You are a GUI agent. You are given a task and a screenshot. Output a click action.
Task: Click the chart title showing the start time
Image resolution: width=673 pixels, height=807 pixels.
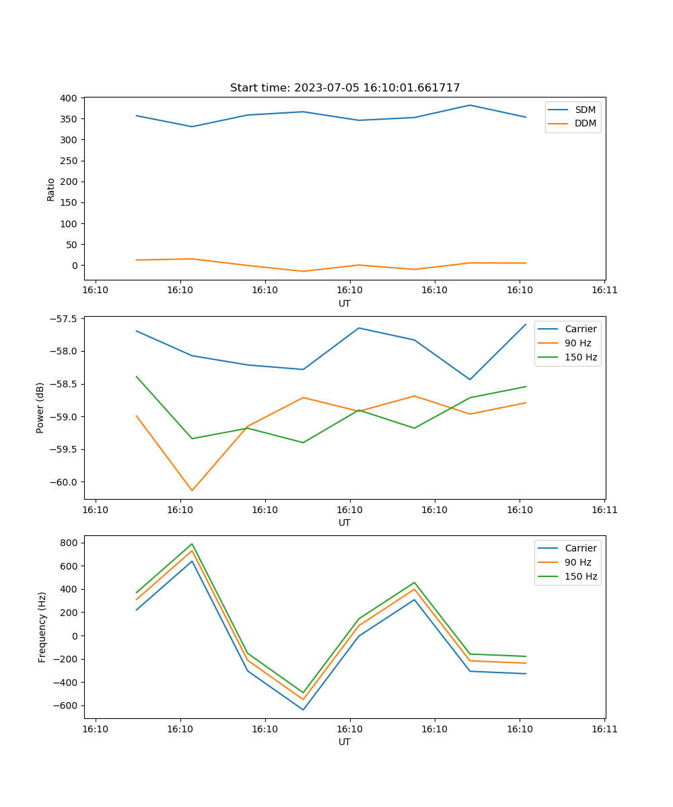tap(345, 88)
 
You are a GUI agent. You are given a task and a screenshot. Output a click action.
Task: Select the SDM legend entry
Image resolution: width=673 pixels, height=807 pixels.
tap(585, 110)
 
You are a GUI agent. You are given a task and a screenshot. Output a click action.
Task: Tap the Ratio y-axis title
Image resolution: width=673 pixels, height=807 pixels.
tap(51, 189)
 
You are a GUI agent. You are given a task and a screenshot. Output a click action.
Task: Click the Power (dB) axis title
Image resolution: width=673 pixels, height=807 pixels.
tap(40, 408)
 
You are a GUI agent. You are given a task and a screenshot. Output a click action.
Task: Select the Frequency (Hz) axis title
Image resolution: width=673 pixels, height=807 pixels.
tap(42, 627)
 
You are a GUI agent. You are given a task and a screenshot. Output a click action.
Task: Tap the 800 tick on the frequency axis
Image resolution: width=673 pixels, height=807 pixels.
tap(70, 543)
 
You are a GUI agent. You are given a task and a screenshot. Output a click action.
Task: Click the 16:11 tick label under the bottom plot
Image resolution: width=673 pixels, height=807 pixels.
tap(604, 729)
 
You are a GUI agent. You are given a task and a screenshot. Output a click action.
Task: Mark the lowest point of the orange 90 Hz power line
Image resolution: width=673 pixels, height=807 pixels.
tap(192, 490)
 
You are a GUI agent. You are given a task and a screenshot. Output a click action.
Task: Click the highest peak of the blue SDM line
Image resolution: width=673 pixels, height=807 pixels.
tap(470, 105)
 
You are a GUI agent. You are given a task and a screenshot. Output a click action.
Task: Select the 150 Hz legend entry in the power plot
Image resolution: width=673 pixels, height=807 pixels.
tap(580, 357)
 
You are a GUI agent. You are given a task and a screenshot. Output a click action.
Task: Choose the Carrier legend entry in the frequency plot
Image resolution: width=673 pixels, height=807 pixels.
tap(580, 548)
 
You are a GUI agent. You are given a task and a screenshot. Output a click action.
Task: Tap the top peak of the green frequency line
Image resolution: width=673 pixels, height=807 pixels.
tap(192, 544)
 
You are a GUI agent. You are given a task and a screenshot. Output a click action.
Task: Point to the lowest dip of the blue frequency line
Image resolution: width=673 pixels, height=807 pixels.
tap(303, 709)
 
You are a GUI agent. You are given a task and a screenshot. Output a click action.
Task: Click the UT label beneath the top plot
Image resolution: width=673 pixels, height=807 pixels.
tap(345, 303)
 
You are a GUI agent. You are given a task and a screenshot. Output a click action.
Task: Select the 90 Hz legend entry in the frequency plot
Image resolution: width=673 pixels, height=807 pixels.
tap(577, 562)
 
